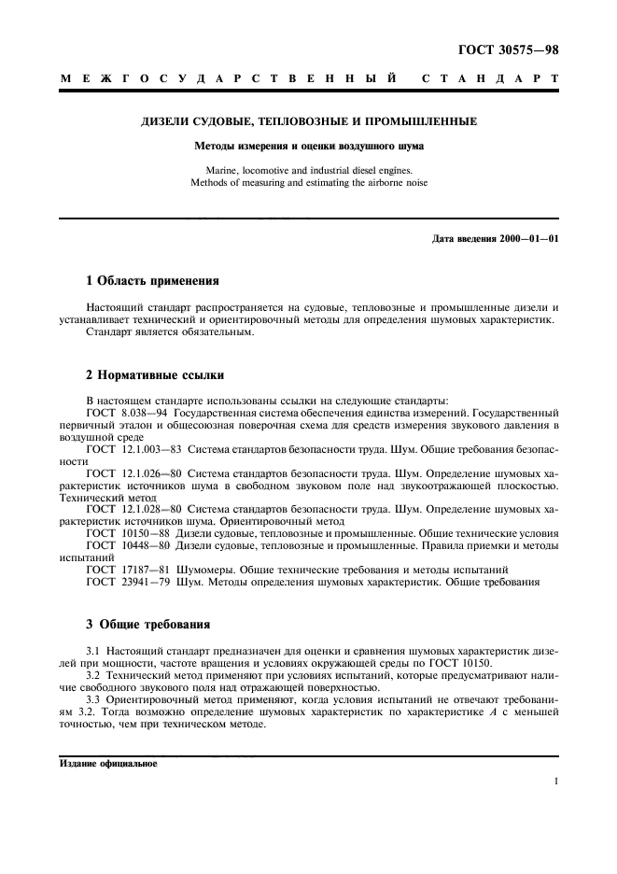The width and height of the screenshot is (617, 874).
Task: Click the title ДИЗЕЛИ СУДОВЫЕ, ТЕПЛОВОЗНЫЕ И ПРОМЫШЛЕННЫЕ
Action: click(308, 121)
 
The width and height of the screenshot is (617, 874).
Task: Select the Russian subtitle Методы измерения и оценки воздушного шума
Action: click(308, 146)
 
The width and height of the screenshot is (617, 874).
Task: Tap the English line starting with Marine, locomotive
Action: click(308, 170)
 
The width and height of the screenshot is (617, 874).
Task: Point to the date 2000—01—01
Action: click(528, 238)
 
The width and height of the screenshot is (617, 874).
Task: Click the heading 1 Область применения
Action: click(152, 280)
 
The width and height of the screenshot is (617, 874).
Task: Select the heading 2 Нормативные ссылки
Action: click(155, 375)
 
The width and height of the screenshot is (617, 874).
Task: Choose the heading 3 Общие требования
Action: click(147, 624)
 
